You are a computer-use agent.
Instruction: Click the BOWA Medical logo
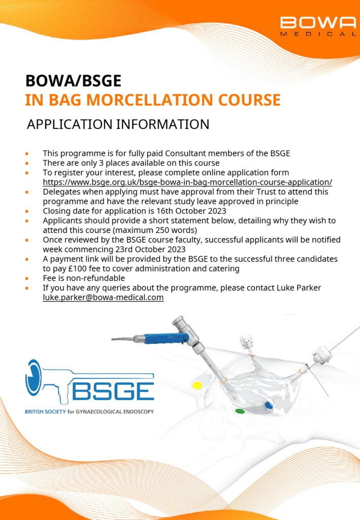(x=318, y=26)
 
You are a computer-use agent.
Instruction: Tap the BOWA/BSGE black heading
(x=73, y=81)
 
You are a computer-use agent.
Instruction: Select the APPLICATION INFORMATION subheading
(x=118, y=124)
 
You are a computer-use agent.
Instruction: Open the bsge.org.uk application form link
(x=187, y=182)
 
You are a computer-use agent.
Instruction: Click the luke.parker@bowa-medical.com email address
(x=103, y=297)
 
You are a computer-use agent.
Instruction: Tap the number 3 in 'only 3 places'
(x=101, y=163)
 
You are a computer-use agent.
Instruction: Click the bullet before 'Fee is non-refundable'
(x=27, y=279)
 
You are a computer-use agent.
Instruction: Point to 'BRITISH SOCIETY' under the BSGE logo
(x=45, y=411)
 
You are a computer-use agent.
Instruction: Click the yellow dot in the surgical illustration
(x=198, y=385)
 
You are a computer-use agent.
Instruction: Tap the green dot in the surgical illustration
(x=240, y=411)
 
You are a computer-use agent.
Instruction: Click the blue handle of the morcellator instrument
(x=166, y=339)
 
